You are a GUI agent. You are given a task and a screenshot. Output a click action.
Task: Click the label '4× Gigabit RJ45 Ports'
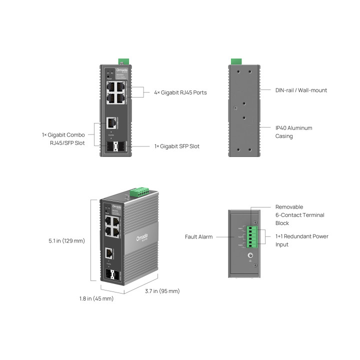[180, 92]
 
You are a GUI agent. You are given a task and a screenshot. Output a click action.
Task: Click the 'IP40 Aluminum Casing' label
[293, 132]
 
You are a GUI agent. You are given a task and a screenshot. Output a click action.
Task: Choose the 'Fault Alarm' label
[198, 236]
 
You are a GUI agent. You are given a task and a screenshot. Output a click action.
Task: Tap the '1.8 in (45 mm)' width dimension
[96, 298]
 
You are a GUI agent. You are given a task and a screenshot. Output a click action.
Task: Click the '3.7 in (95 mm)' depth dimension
[162, 291]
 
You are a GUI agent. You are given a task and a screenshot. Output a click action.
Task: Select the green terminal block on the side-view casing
[235, 61]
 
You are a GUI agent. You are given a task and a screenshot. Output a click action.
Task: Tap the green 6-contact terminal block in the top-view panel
[255, 235]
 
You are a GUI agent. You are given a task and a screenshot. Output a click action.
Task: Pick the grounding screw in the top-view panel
[251, 256]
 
